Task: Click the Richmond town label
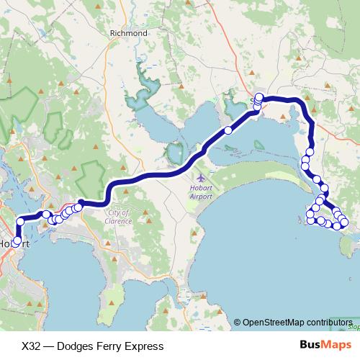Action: click(x=128, y=32)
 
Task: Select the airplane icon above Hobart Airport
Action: click(x=199, y=176)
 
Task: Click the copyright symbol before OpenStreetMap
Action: click(x=238, y=322)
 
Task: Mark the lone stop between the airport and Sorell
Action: click(x=228, y=130)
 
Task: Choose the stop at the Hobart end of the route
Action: click(x=17, y=241)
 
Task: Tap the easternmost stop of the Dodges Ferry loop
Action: click(x=344, y=222)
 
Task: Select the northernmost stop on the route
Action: click(x=259, y=97)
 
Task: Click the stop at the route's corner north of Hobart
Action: click(x=19, y=220)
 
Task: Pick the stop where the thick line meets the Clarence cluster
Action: click(x=80, y=203)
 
